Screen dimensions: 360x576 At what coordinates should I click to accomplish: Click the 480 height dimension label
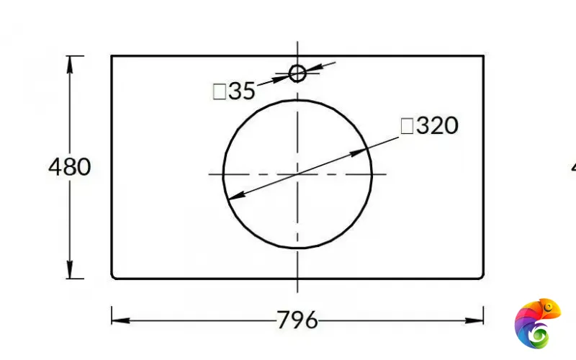click(70, 167)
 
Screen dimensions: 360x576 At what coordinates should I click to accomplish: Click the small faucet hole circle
click(297, 73)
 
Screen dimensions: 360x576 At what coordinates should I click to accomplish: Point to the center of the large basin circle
click(297, 174)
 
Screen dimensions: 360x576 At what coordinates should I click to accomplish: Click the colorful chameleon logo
click(538, 323)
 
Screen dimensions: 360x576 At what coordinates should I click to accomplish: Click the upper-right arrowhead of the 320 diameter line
click(362, 152)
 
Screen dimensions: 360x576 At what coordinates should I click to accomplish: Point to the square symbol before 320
click(407, 126)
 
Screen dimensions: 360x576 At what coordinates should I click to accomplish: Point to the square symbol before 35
click(220, 91)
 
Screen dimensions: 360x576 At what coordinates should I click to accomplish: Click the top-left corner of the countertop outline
click(112, 55)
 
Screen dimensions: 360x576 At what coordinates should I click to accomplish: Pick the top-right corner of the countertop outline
click(483, 55)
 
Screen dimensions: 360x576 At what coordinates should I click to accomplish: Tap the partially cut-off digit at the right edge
click(573, 167)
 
